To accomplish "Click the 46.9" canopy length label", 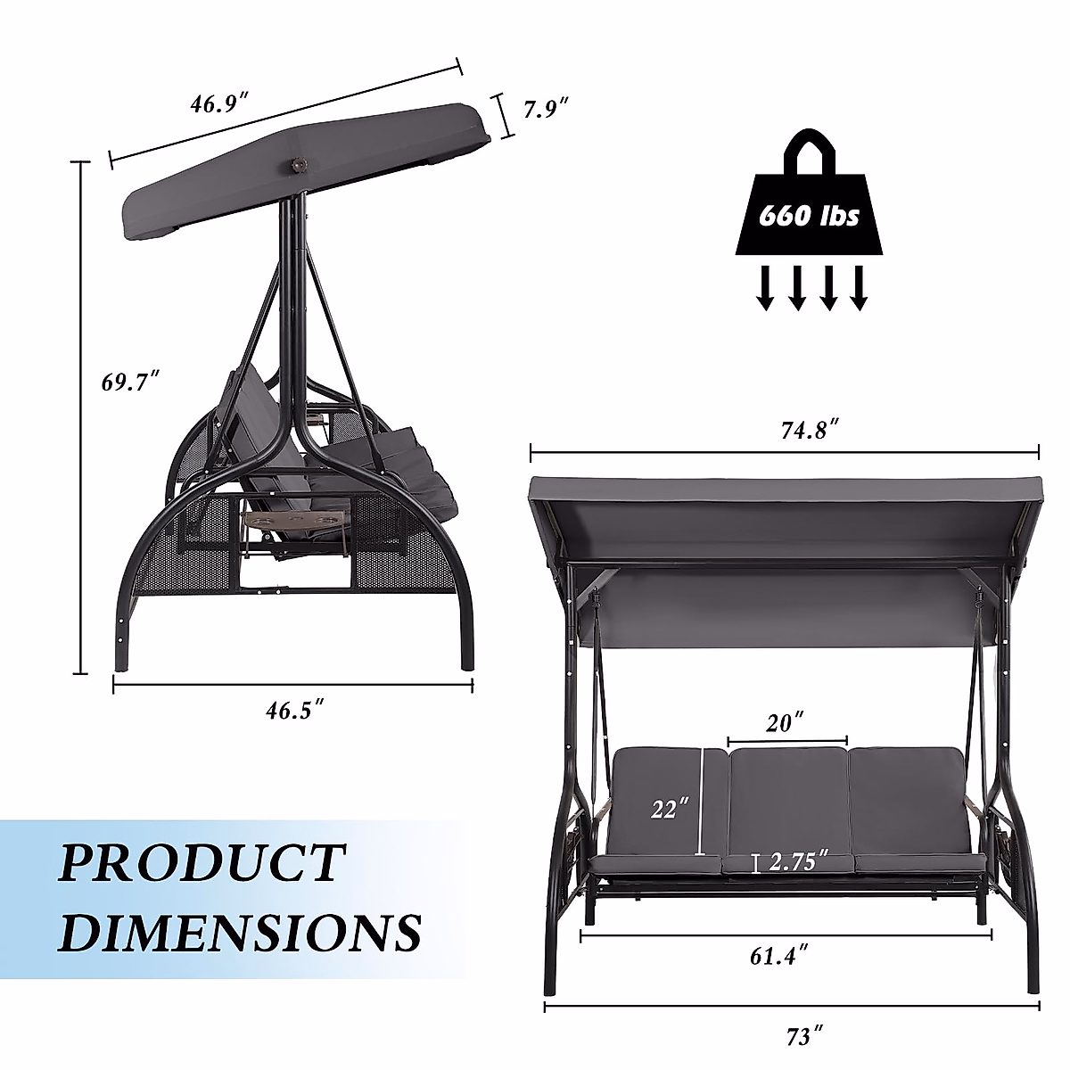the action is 218,103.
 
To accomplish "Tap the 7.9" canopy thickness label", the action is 547,108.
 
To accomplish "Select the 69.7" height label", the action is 130,382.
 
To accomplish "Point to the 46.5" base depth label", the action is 294,710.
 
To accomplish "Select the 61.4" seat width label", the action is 778,956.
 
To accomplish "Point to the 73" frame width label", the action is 804,1036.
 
